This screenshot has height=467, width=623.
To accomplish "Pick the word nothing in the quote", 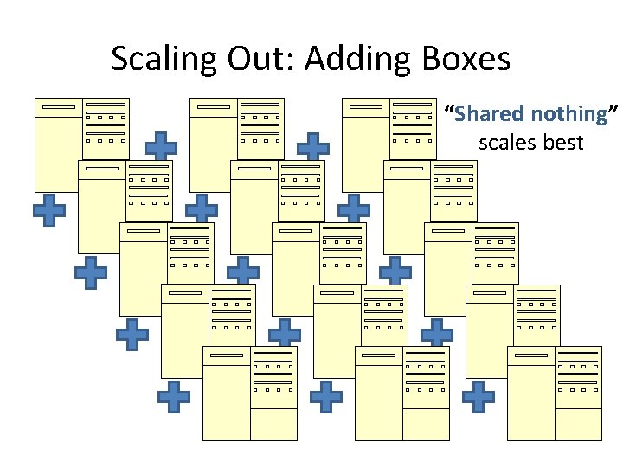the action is click(568, 113).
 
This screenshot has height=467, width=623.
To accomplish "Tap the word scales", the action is click(507, 142).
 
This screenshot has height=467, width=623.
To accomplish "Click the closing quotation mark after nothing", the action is click(613, 110).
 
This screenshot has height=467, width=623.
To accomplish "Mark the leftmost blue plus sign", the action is click(49, 210).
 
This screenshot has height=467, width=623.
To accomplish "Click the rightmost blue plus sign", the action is click(478, 396).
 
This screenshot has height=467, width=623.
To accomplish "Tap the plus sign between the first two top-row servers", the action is click(161, 148).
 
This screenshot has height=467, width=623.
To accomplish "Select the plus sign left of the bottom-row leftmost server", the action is click(174, 396).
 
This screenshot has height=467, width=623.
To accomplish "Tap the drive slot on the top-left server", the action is click(59, 107).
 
